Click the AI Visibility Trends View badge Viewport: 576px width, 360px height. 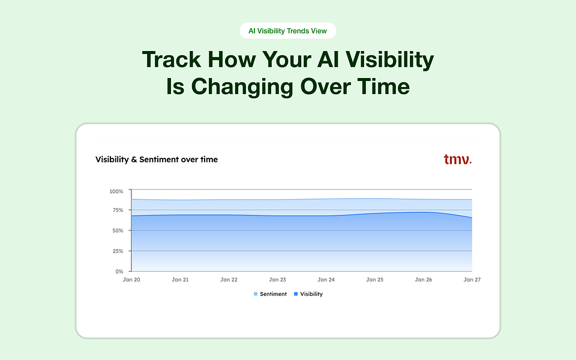(x=288, y=31)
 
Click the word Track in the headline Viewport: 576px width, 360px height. (x=170, y=61)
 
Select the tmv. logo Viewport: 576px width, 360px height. (x=457, y=160)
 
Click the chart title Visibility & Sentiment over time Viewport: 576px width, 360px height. (x=157, y=160)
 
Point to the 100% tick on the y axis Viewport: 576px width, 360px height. (x=116, y=191)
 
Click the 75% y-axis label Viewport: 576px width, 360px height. (x=117, y=210)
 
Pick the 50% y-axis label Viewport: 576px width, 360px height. (x=117, y=230)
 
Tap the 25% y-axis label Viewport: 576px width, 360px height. (x=117, y=251)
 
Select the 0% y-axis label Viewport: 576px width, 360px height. (x=119, y=271)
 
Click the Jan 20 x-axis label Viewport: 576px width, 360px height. (x=131, y=280)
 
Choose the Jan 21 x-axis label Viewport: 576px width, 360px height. (x=180, y=280)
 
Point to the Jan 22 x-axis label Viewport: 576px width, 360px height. (x=229, y=280)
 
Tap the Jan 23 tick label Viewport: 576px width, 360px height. (x=277, y=280)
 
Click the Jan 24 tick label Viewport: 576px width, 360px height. (x=326, y=280)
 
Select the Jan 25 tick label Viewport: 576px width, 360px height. (x=374, y=280)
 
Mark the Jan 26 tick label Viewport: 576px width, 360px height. (x=423, y=280)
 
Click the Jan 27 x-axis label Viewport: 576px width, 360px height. (x=472, y=280)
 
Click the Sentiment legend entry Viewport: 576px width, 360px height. (x=270, y=294)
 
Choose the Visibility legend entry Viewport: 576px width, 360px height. (x=308, y=294)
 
